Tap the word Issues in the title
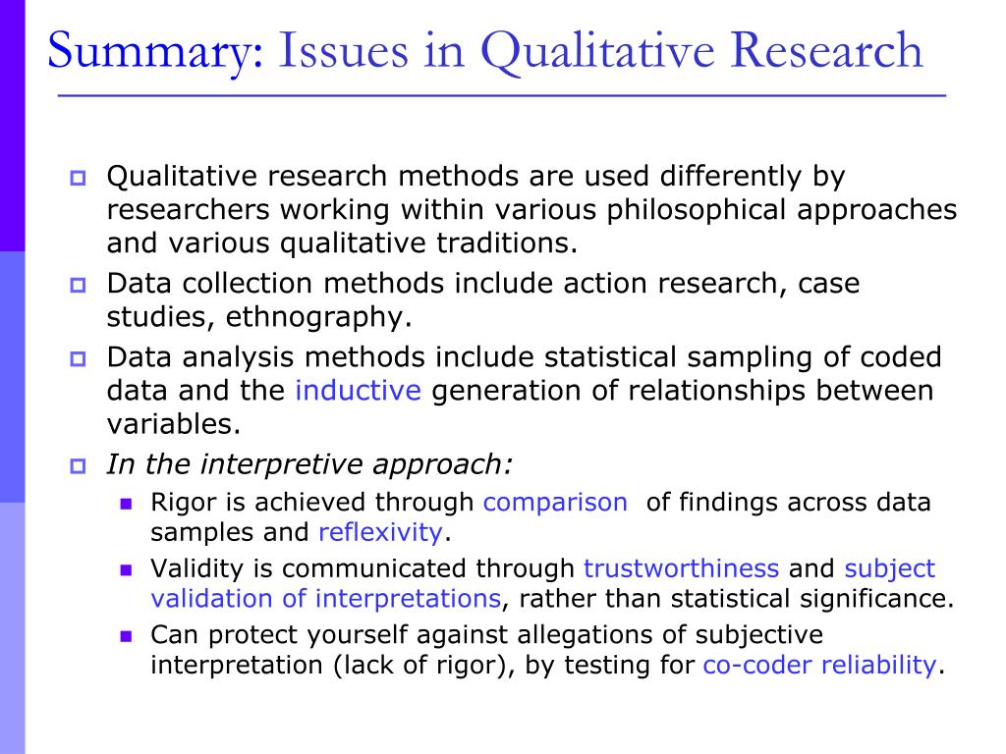pyautogui.click(x=343, y=50)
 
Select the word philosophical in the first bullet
pyautogui.click(x=697, y=211)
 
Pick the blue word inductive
pyautogui.click(x=358, y=390)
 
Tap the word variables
pyautogui.click(x=173, y=424)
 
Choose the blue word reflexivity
pyautogui.click(x=380, y=532)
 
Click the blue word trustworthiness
pyautogui.click(x=682, y=568)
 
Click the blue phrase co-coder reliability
pyautogui.click(x=820, y=666)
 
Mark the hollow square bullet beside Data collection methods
pyautogui.click(x=78, y=285)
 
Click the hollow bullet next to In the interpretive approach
pyautogui.click(x=78, y=465)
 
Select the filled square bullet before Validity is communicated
pyautogui.click(x=126, y=570)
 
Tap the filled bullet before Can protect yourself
pyautogui.click(x=126, y=636)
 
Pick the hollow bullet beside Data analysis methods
pyautogui.click(x=78, y=358)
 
